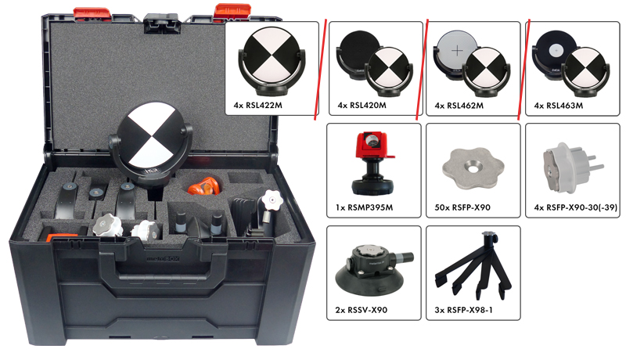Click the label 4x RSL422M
pos(258,106)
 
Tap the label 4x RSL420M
pos(362,106)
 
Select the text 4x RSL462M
pos(459,106)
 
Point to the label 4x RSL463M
pos(558,106)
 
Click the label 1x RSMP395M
pos(364,207)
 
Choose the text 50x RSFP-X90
pos(462,207)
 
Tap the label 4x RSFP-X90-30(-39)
pos(575,207)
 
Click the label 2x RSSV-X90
pos(362,310)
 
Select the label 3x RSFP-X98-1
pos(463,310)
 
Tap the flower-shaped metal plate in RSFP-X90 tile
pos(473,168)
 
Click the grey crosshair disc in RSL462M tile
pos(456,51)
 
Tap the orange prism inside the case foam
pos(204,186)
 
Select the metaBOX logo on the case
pos(163,259)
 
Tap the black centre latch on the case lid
pos(162,23)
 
